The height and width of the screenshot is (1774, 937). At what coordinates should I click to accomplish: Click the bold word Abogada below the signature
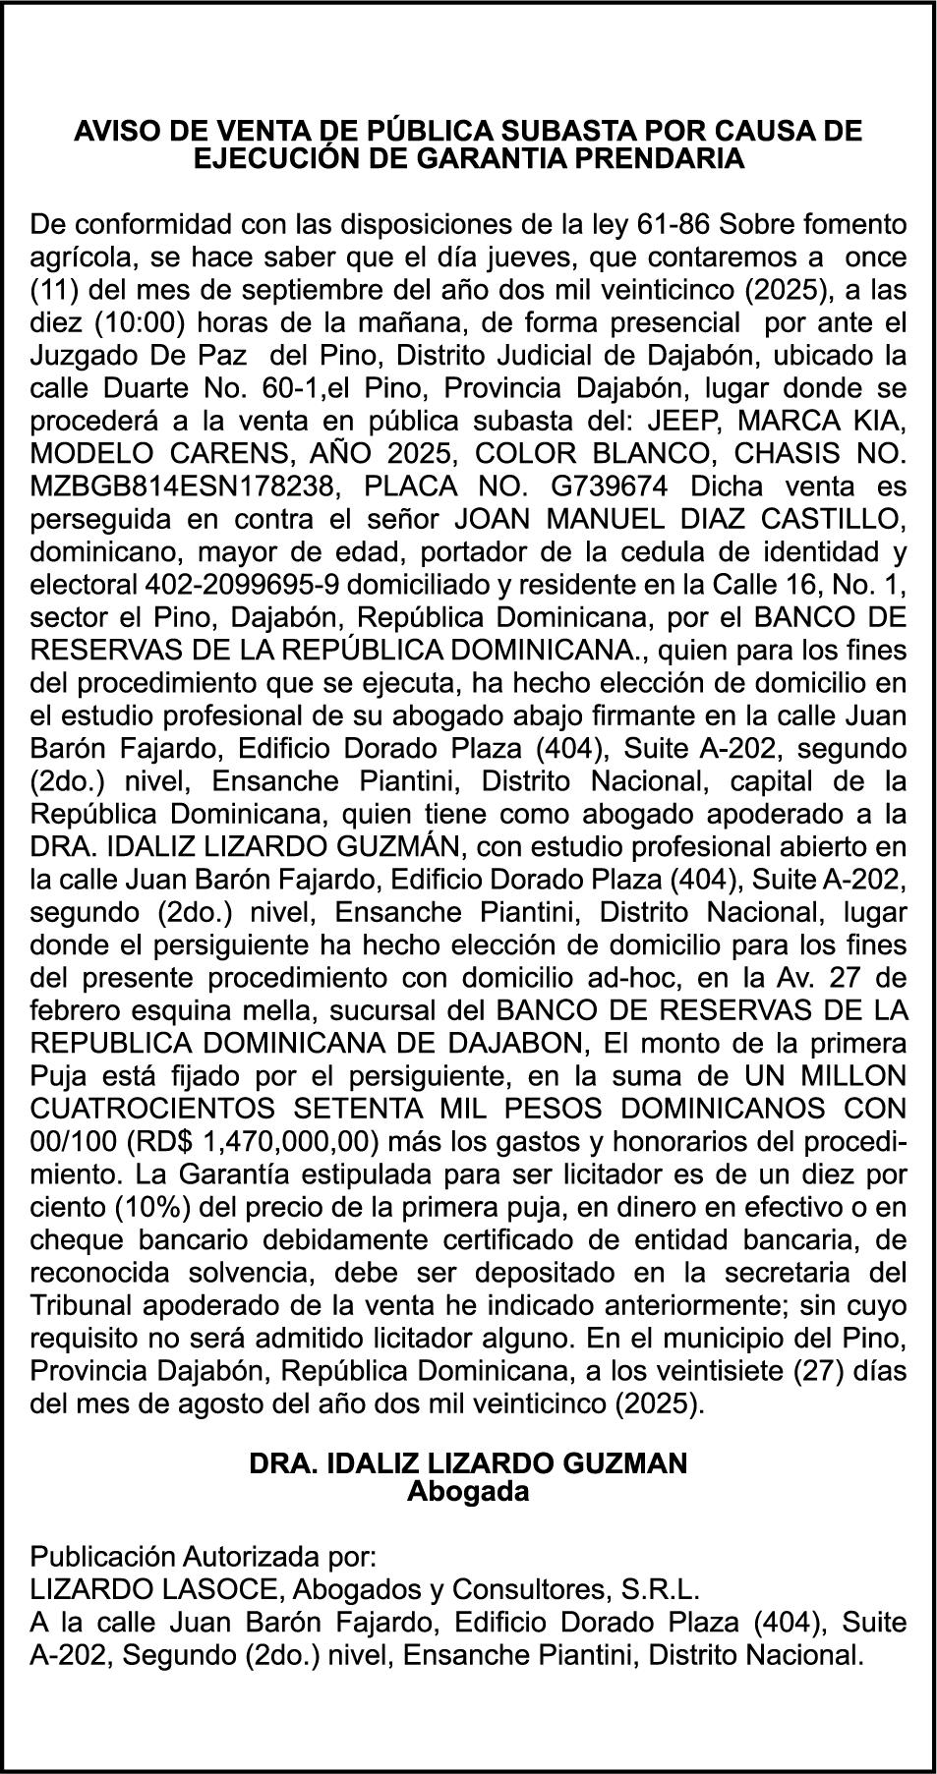[468, 1492]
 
